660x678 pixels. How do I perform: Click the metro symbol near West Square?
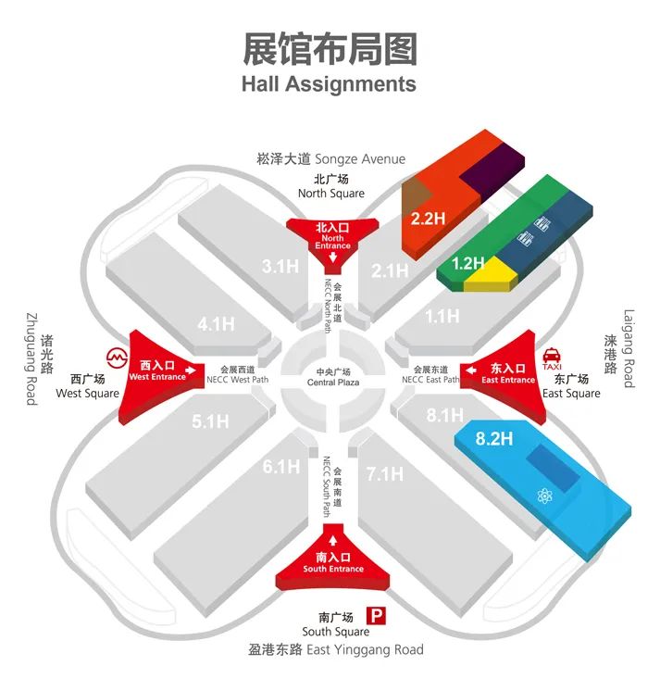click(x=118, y=358)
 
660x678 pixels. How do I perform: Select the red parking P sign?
click(x=376, y=616)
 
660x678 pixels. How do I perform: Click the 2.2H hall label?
click(x=428, y=219)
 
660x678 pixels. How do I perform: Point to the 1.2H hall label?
click(x=467, y=263)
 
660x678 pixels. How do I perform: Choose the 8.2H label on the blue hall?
click(x=494, y=438)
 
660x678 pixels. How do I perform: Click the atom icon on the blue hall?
click(x=544, y=496)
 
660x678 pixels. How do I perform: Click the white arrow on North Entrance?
click(x=332, y=257)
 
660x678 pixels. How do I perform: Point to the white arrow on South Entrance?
click(x=333, y=540)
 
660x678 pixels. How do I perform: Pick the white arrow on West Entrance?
click(x=190, y=370)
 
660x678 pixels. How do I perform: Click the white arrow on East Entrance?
click(x=471, y=370)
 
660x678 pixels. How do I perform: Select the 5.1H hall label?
click(x=210, y=421)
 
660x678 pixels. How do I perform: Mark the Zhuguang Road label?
click(x=31, y=359)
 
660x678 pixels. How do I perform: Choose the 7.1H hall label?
click(x=385, y=474)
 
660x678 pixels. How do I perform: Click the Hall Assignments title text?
click(x=329, y=84)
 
